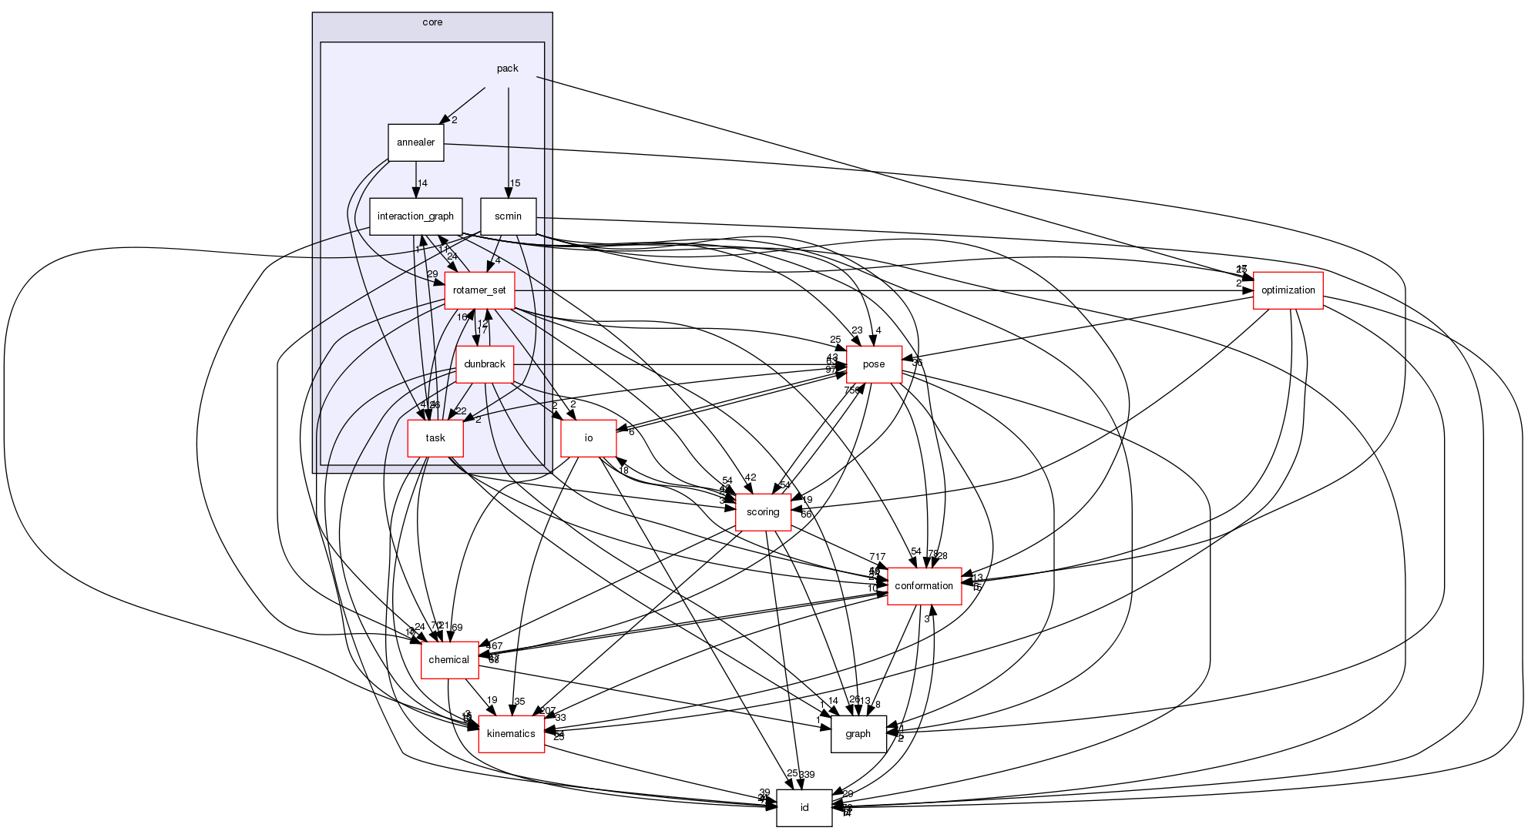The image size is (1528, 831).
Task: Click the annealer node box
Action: point(415,142)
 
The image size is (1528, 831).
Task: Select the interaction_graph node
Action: point(415,216)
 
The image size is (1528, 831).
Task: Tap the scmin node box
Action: point(508,216)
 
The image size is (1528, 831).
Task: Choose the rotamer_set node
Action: point(479,290)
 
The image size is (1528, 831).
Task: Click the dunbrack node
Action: point(485,364)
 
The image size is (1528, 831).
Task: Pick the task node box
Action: point(435,438)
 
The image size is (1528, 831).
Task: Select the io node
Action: point(588,438)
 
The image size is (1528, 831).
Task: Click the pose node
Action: point(874,364)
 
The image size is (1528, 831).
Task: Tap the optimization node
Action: point(1288,290)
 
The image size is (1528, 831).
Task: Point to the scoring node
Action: point(763,512)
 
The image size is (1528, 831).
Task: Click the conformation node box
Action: point(924,586)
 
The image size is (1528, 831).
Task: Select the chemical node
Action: point(448,660)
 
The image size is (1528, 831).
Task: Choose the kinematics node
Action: point(511,734)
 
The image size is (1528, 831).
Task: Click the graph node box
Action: point(858,734)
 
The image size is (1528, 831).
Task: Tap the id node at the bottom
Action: point(804,808)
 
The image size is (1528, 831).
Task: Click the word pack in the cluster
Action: point(507,69)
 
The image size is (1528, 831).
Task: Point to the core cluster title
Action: point(432,22)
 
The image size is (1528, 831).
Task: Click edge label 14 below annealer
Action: point(422,183)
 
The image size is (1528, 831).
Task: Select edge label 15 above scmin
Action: point(515,183)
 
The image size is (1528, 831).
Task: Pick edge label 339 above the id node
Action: point(807,774)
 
